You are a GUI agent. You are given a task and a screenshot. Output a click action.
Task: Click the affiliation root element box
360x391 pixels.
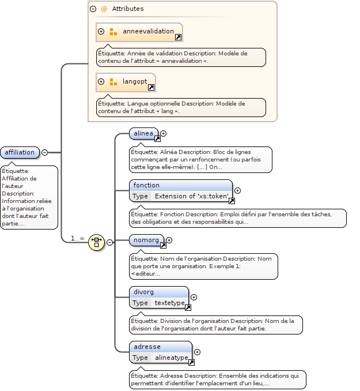tap(20, 152)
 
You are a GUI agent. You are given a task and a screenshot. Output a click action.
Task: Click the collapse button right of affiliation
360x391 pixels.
tap(44, 152)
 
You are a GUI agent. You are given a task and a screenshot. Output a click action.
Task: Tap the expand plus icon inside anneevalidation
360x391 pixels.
tap(101, 32)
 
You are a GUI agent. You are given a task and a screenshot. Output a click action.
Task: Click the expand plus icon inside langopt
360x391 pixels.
tap(101, 82)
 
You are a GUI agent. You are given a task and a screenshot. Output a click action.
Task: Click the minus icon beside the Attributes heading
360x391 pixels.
tap(93, 9)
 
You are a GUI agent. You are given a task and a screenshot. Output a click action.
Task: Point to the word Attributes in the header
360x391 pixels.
tap(128, 9)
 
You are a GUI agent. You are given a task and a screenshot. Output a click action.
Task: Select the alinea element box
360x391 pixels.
tap(143, 134)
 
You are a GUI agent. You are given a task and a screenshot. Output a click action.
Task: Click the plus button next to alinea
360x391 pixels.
tap(164, 134)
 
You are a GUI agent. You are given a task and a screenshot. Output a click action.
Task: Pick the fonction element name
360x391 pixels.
tap(146, 185)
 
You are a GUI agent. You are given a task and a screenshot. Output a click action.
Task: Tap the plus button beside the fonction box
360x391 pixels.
tap(237, 191)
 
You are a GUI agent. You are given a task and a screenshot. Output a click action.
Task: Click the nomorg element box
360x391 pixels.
tap(146, 239)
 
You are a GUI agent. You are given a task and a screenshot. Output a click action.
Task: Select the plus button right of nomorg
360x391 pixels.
tap(169, 240)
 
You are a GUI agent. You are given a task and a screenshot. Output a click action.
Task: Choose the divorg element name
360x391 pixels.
tap(144, 292)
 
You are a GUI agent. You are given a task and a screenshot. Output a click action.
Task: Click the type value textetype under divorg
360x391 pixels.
tap(169, 303)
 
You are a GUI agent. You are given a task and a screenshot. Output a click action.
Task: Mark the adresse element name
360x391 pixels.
tap(147, 347)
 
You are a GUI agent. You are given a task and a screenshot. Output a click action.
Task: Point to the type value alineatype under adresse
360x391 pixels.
tap(172, 358)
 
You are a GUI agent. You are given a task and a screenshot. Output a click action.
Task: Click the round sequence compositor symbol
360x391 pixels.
tap(96, 242)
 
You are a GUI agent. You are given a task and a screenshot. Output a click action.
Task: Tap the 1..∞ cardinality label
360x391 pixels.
tap(77, 238)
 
